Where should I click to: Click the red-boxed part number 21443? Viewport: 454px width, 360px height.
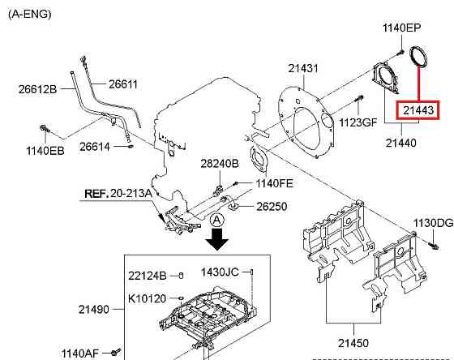[418, 110]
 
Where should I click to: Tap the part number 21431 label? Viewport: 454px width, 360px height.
[303, 68]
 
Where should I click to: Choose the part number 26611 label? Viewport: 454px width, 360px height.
[123, 84]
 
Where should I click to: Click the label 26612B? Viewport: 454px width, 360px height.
[37, 89]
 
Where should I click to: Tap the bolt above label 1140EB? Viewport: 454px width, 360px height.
[45, 129]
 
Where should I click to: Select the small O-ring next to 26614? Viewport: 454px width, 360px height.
[131, 146]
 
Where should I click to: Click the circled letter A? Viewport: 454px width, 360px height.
[217, 221]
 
